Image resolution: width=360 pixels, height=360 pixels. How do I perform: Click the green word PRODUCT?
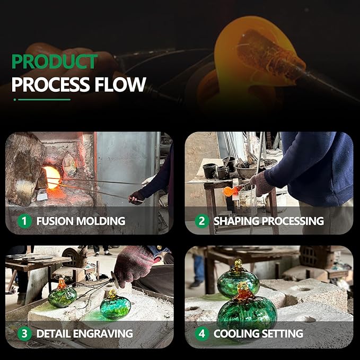pyautogui.click(x=55, y=62)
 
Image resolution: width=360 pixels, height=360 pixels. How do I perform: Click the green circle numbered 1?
pyautogui.click(x=24, y=221)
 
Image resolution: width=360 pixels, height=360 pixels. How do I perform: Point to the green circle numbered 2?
pyautogui.click(x=202, y=221)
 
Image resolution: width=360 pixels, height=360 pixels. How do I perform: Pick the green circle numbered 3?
pyautogui.click(x=24, y=333)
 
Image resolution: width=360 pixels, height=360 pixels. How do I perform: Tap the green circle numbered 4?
pyautogui.click(x=202, y=333)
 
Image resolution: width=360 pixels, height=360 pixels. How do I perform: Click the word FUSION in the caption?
pyautogui.click(x=55, y=221)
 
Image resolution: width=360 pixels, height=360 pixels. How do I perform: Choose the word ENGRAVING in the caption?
pyautogui.click(x=103, y=333)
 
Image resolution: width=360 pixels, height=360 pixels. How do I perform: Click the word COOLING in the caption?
pyautogui.click(x=236, y=333)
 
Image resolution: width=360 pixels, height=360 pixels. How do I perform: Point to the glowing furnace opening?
pyautogui.click(x=52, y=177)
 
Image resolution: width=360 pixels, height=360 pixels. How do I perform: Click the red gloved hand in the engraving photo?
pyautogui.click(x=135, y=264)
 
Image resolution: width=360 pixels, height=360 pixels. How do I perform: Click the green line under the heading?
pyautogui.click(x=44, y=100)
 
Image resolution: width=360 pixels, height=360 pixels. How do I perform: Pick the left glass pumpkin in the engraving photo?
pyautogui.click(x=62, y=294)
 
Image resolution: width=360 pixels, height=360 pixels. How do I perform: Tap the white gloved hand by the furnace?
pyautogui.click(x=148, y=181)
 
